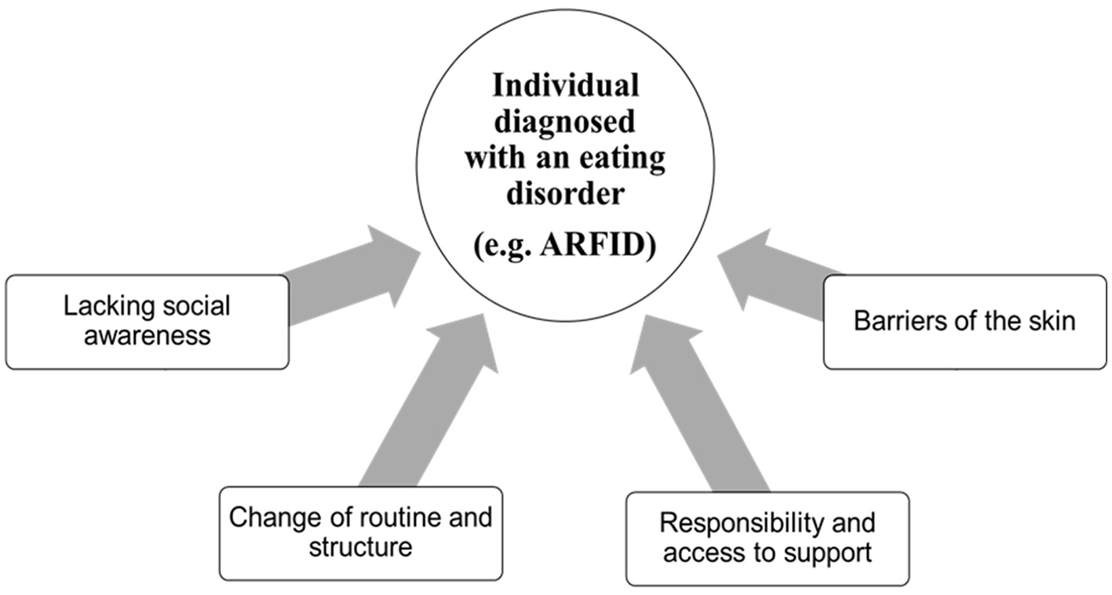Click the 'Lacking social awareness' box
click(x=147, y=322)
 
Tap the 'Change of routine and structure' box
click(x=360, y=533)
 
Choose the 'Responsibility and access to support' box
click(x=767, y=538)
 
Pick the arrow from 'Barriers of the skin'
click(x=777, y=282)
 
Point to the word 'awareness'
click(x=147, y=336)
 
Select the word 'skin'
click(x=1051, y=322)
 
